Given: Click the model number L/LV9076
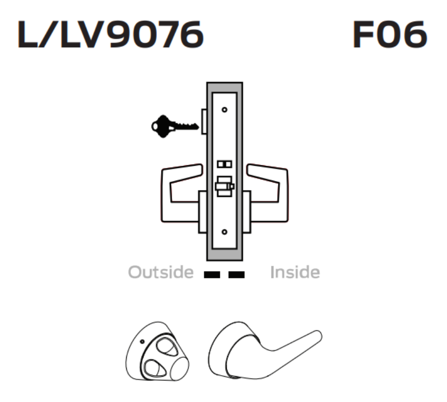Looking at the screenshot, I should coord(110,36).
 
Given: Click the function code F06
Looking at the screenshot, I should coord(389,36).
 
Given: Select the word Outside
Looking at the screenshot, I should coord(161,273).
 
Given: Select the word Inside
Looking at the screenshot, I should coord(294,273).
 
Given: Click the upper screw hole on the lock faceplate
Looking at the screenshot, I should coord(225,109).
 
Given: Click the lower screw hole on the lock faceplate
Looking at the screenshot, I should coord(225,232).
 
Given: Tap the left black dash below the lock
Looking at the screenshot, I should coord(211,274).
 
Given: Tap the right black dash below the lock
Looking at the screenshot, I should coord(237,274).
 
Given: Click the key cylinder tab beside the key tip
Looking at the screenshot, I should coord(204,120).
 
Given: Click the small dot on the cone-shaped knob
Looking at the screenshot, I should coord(142,341).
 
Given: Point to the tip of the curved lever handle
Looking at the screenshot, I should coord(317,336).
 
